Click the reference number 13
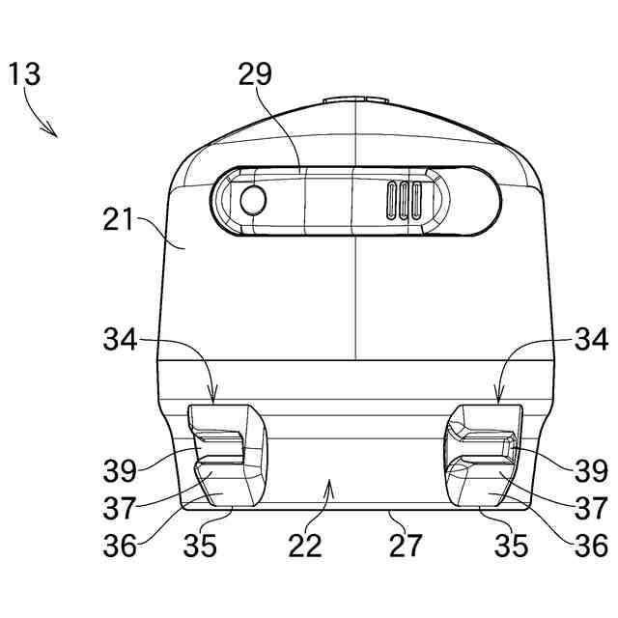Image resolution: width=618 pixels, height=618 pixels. click(x=25, y=75)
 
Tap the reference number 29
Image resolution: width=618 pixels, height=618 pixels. click(x=257, y=74)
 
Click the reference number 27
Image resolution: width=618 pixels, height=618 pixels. click(x=407, y=546)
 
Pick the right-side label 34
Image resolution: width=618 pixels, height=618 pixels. click(x=591, y=339)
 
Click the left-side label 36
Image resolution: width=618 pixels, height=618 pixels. click(x=120, y=546)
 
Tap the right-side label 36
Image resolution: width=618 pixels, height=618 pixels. click(x=591, y=546)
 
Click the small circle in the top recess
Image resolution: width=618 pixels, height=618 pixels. click(x=253, y=201)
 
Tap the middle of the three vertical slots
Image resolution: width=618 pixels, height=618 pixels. click(x=404, y=201)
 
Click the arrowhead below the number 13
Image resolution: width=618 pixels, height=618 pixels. click(x=54, y=132)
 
